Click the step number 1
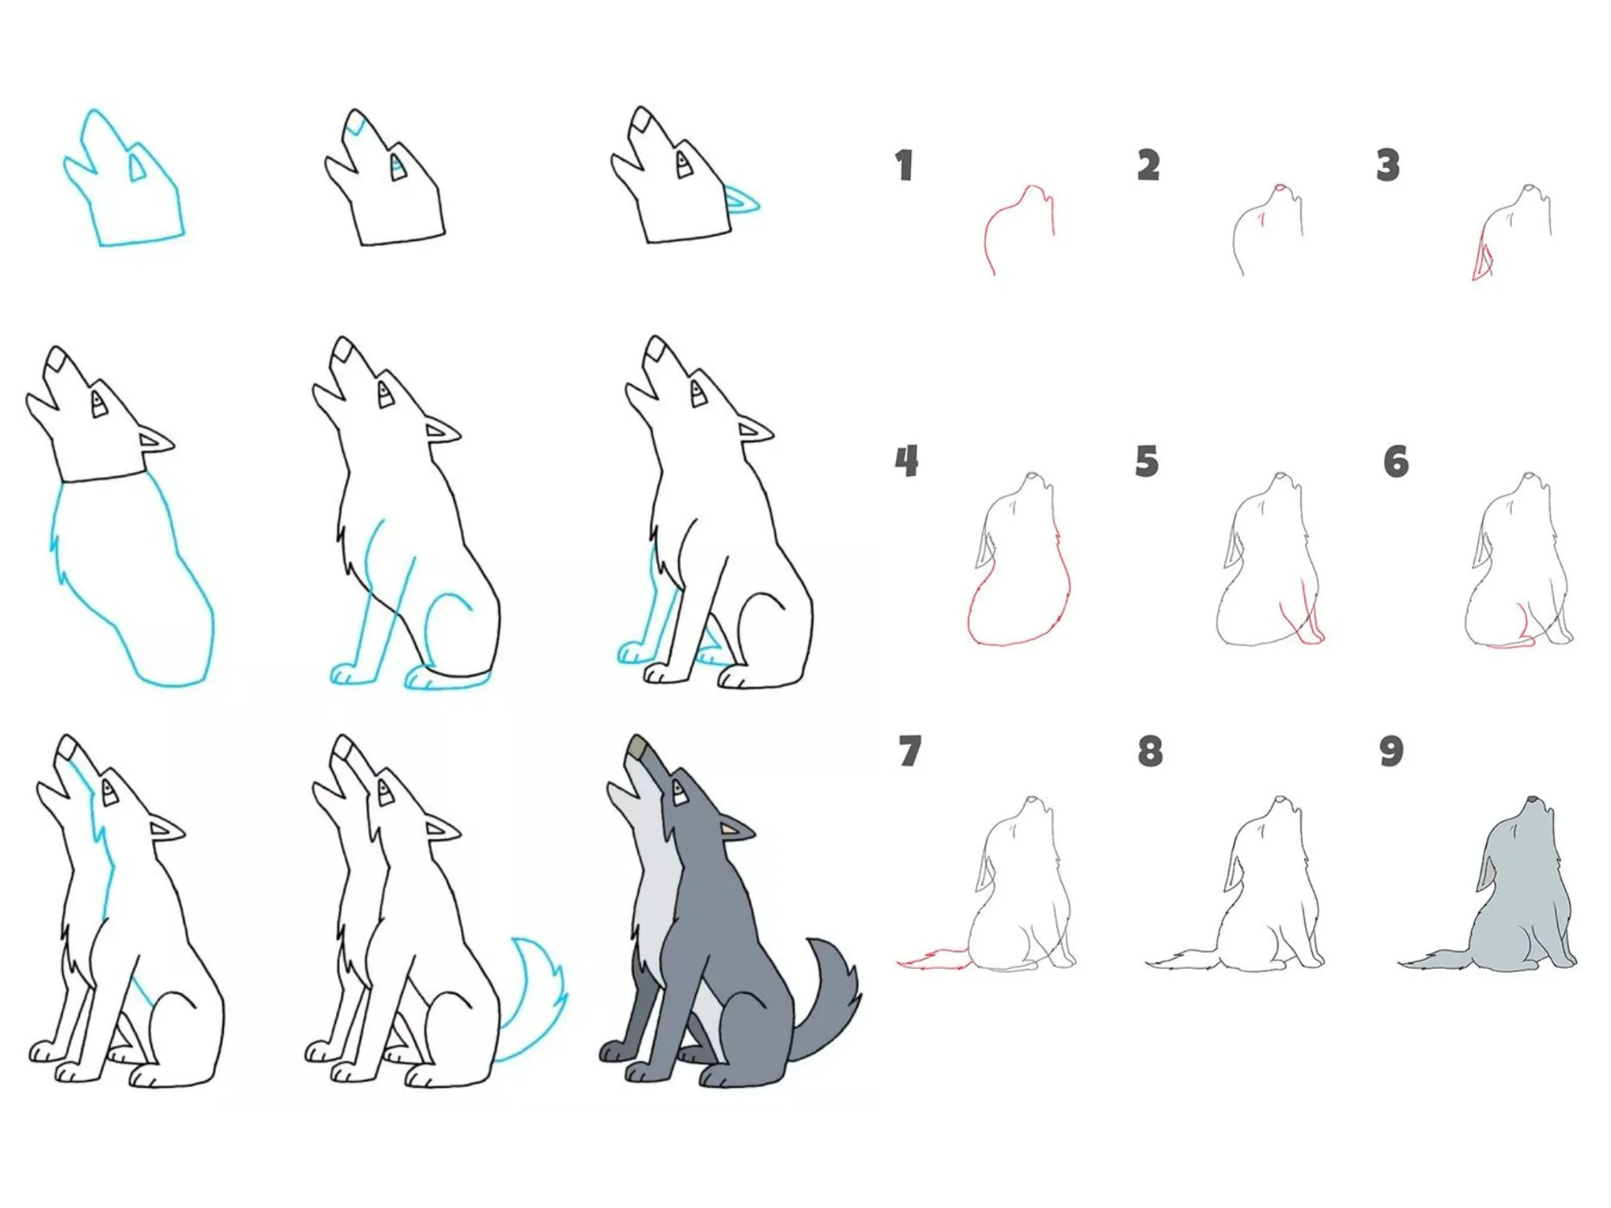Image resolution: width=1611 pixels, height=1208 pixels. tap(904, 165)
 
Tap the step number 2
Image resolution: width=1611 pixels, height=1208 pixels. tap(1149, 165)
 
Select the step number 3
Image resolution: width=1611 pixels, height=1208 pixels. tap(1387, 165)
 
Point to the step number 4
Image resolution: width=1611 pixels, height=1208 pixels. tap(906, 461)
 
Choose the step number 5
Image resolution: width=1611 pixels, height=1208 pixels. tap(1146, 461)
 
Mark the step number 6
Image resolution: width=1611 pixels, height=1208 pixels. tap(1396, 461)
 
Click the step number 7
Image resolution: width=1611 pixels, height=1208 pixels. tap(909, 751)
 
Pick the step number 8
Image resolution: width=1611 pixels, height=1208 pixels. tap(1149, 751)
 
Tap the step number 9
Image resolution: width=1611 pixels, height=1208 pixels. tap(1391, 751)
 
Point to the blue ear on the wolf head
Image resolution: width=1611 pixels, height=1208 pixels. tap(741, 199)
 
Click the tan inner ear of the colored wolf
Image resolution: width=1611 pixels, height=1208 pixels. tap(729, 829)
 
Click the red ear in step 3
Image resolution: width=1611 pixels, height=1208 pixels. tap(1481, 258)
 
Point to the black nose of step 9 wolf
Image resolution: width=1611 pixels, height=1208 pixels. tap(1531, 799)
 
